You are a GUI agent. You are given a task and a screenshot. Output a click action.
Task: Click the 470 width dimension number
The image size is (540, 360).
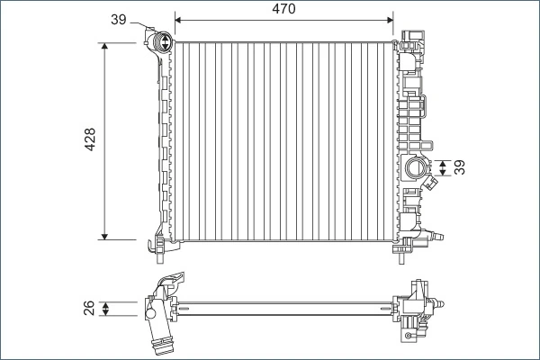tap(283, 9)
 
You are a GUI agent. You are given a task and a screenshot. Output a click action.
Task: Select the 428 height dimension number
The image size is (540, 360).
tap(90, 140)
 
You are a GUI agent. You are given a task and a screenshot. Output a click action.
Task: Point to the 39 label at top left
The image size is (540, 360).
tap(119, 19)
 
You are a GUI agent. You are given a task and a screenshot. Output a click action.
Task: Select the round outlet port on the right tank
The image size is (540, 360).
tap(417, 167)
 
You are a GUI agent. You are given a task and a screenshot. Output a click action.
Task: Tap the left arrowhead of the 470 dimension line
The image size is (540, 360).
tap(178, 18)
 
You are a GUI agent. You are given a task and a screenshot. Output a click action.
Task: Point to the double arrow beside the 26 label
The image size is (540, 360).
tap(107, 310)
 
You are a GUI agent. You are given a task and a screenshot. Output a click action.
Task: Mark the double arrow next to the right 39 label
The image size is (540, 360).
tap(443, 167)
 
